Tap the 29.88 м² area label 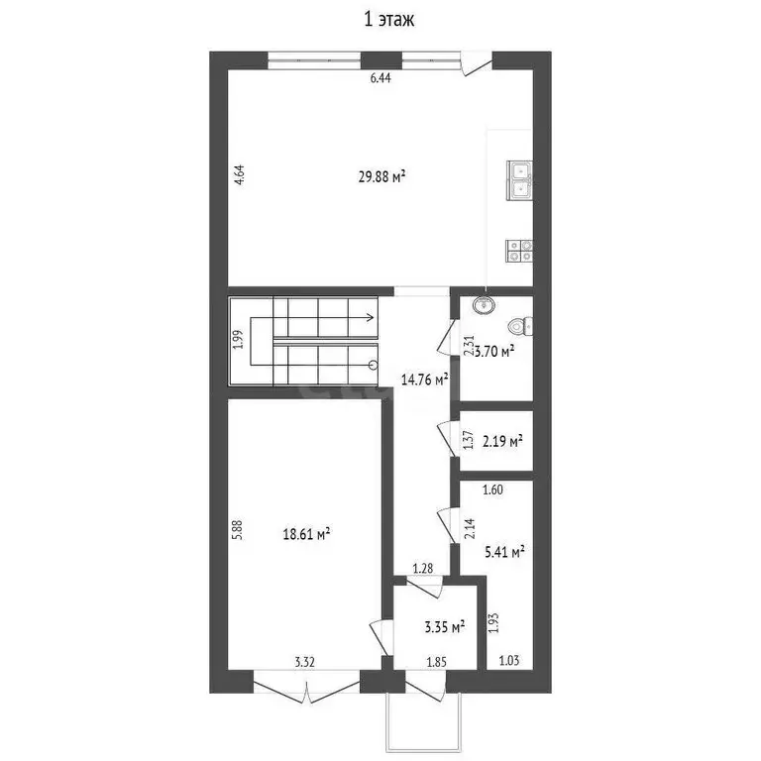382,177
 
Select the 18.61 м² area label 306,533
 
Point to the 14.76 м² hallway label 424,378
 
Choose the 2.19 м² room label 501,440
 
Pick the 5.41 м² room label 503,551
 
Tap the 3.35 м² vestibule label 444,627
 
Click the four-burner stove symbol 518,251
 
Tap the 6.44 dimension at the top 380,79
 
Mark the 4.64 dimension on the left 239,176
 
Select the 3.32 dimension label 304,661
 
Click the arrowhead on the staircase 369,318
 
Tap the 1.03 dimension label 508,661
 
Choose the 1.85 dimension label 436,661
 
